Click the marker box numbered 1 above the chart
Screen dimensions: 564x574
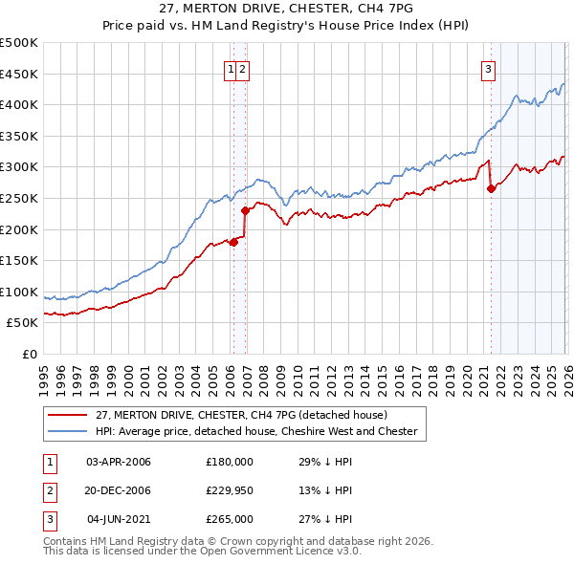[232, 69]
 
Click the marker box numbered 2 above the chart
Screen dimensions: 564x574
[243, 69]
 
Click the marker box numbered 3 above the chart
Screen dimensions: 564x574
[488, 69]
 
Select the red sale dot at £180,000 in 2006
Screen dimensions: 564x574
[232, 242]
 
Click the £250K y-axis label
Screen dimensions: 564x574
[19, 198]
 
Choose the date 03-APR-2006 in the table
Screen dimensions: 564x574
[119, 462]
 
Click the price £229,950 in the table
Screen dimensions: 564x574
[230, 490]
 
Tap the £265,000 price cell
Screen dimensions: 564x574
[230, 519]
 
